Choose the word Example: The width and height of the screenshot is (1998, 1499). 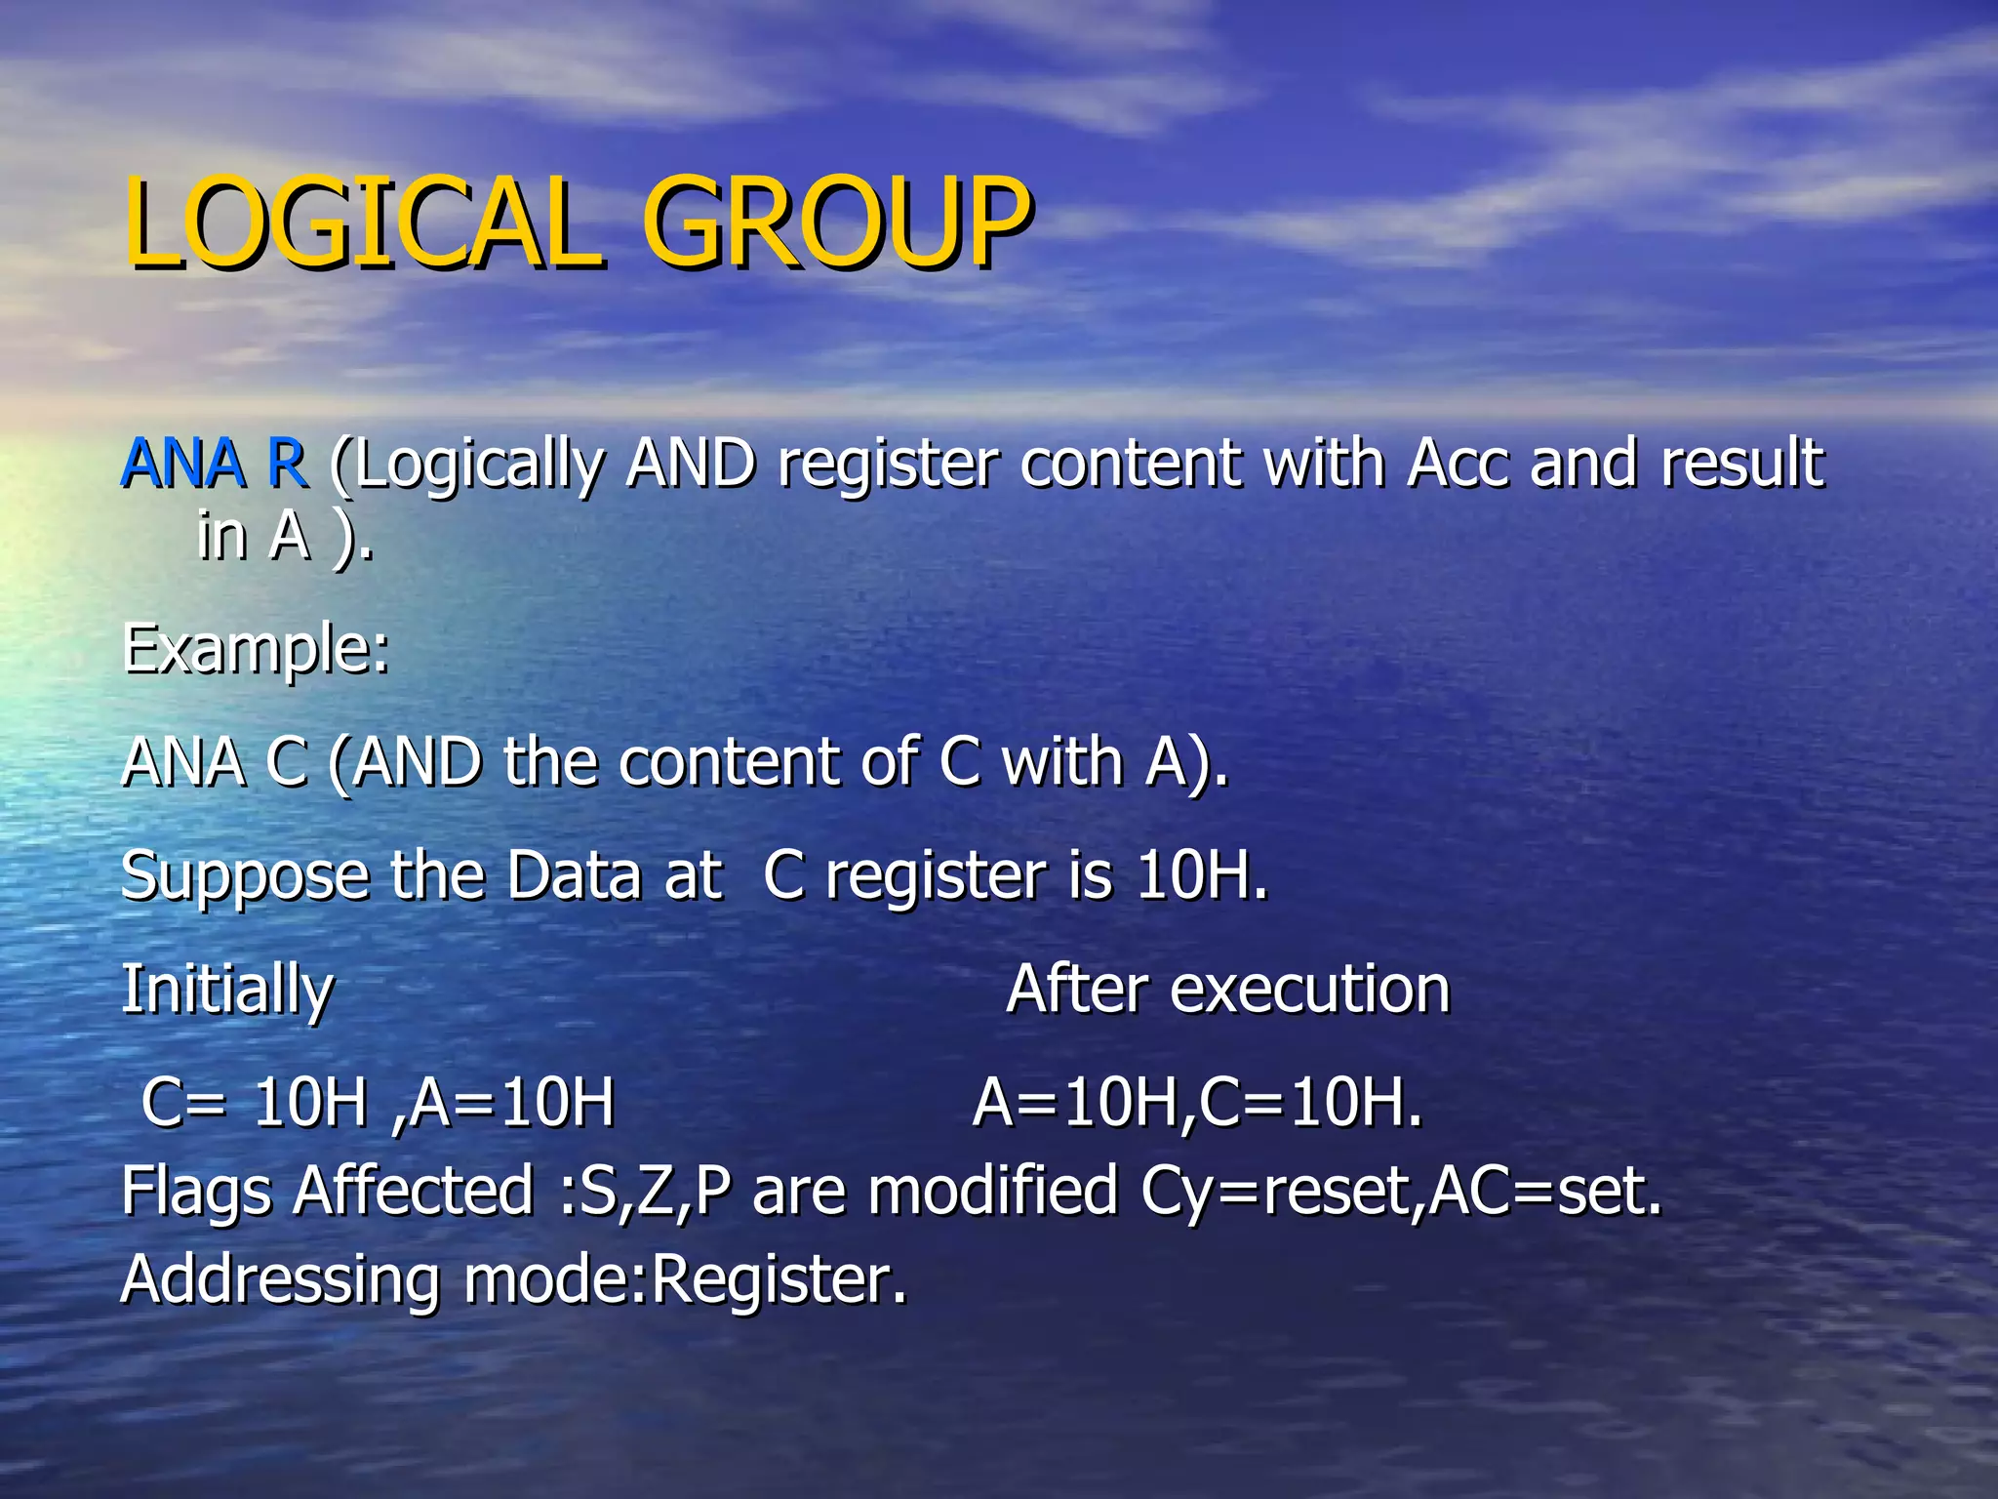[256, 650]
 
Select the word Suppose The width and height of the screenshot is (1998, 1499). [245, 877]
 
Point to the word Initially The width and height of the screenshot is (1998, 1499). [227, 991]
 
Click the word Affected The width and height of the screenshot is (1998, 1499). [414, 1192]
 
